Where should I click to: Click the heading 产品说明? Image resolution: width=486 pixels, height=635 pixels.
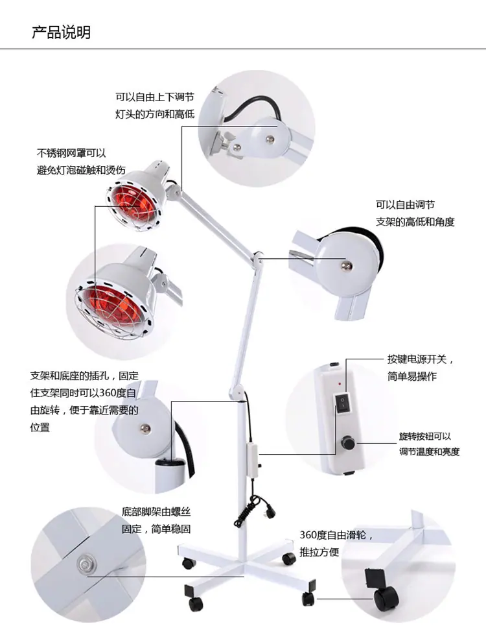61,32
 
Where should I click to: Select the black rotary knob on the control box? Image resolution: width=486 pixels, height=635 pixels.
347,442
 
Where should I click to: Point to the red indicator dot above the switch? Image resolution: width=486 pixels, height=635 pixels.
339,383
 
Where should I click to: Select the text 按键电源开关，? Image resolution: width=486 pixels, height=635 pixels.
421,359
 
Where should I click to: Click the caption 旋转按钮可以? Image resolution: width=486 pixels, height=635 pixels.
425,436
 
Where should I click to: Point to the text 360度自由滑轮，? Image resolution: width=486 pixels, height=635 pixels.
336,535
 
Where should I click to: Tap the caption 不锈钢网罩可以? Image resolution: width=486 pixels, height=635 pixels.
71,153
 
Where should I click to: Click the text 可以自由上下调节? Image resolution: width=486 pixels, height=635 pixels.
155,97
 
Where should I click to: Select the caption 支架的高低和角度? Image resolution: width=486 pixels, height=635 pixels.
415,222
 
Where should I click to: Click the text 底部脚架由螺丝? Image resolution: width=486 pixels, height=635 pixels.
156,512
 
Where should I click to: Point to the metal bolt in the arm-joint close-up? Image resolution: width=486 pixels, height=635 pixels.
345,265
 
